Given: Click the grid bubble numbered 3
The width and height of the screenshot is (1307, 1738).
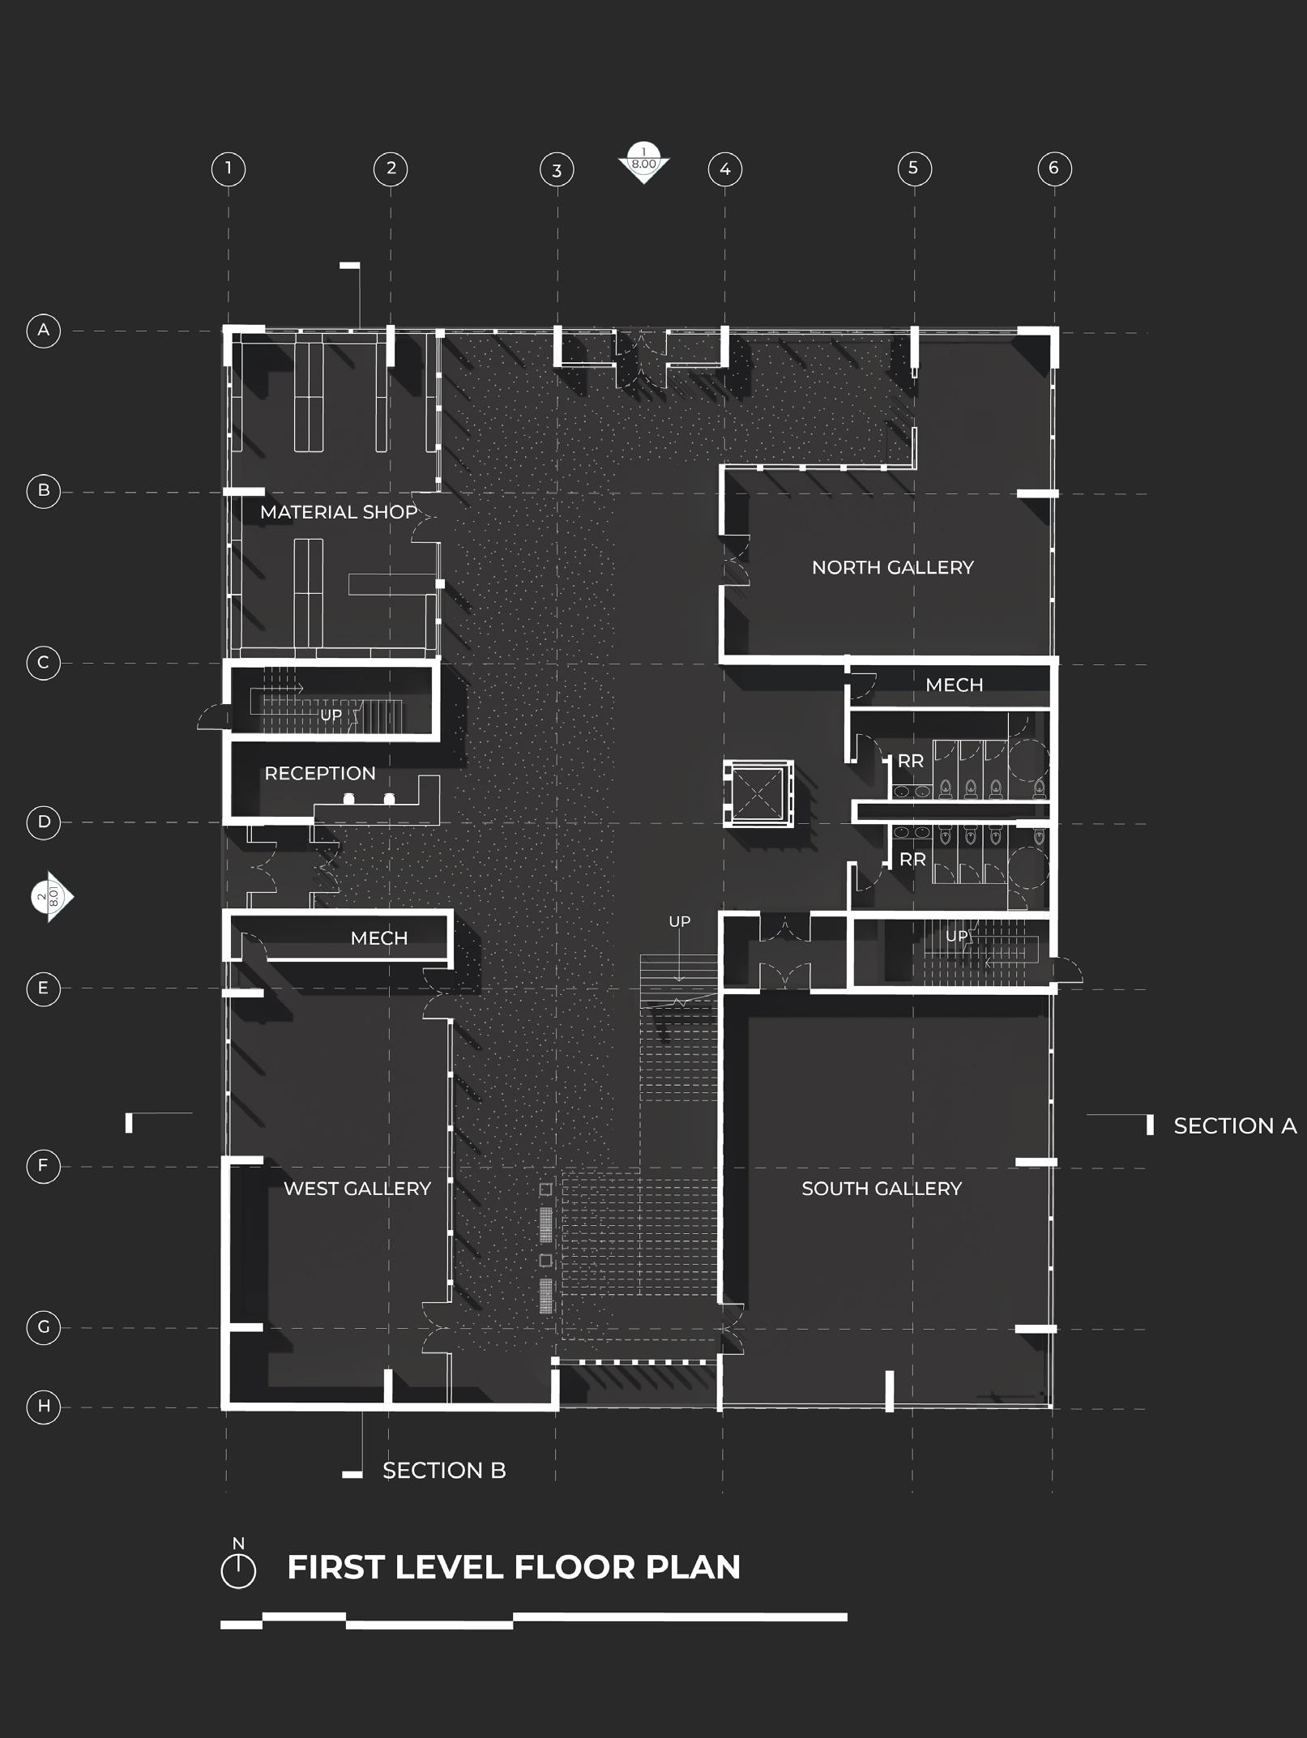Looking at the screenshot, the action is (x=557, y=170).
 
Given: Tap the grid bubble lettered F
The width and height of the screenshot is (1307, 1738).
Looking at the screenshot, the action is (x=44, y=1167).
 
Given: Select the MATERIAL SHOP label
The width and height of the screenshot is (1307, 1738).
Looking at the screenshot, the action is (x=338, y=512).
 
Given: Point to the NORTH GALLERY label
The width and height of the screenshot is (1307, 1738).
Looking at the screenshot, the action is (x=892, y=567).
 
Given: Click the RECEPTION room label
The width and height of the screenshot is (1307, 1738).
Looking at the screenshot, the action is (x=320, y=773).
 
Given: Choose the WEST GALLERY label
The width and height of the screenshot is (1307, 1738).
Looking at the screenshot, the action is (x=357, y=1189).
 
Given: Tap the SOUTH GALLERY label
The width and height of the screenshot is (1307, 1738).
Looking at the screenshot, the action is (x=881, y=1189).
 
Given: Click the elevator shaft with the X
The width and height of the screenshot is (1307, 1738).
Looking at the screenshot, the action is (x=757, y=793).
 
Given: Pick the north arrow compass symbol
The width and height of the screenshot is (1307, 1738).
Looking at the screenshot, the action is (x=238, y=1570).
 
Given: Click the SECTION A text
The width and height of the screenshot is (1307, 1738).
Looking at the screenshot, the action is (x=1234, y=1125).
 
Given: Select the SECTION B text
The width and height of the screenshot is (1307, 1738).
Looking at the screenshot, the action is (x=444, y=1471).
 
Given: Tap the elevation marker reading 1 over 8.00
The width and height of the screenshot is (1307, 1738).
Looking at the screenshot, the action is (x=643, y=162).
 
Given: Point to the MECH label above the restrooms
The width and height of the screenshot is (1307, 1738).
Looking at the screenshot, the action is (x=954, y=685).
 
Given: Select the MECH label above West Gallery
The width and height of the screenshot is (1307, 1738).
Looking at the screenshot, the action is (x=378, y=938).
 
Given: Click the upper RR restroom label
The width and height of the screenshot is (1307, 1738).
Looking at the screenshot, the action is (x=911, y=762).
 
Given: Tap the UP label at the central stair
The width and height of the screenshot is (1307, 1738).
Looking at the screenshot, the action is (x=679, y=921).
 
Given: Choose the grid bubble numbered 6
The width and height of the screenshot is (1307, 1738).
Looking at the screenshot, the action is (x=1053, y=169).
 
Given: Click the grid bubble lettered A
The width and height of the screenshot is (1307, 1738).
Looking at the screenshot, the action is (x=44, y=331).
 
